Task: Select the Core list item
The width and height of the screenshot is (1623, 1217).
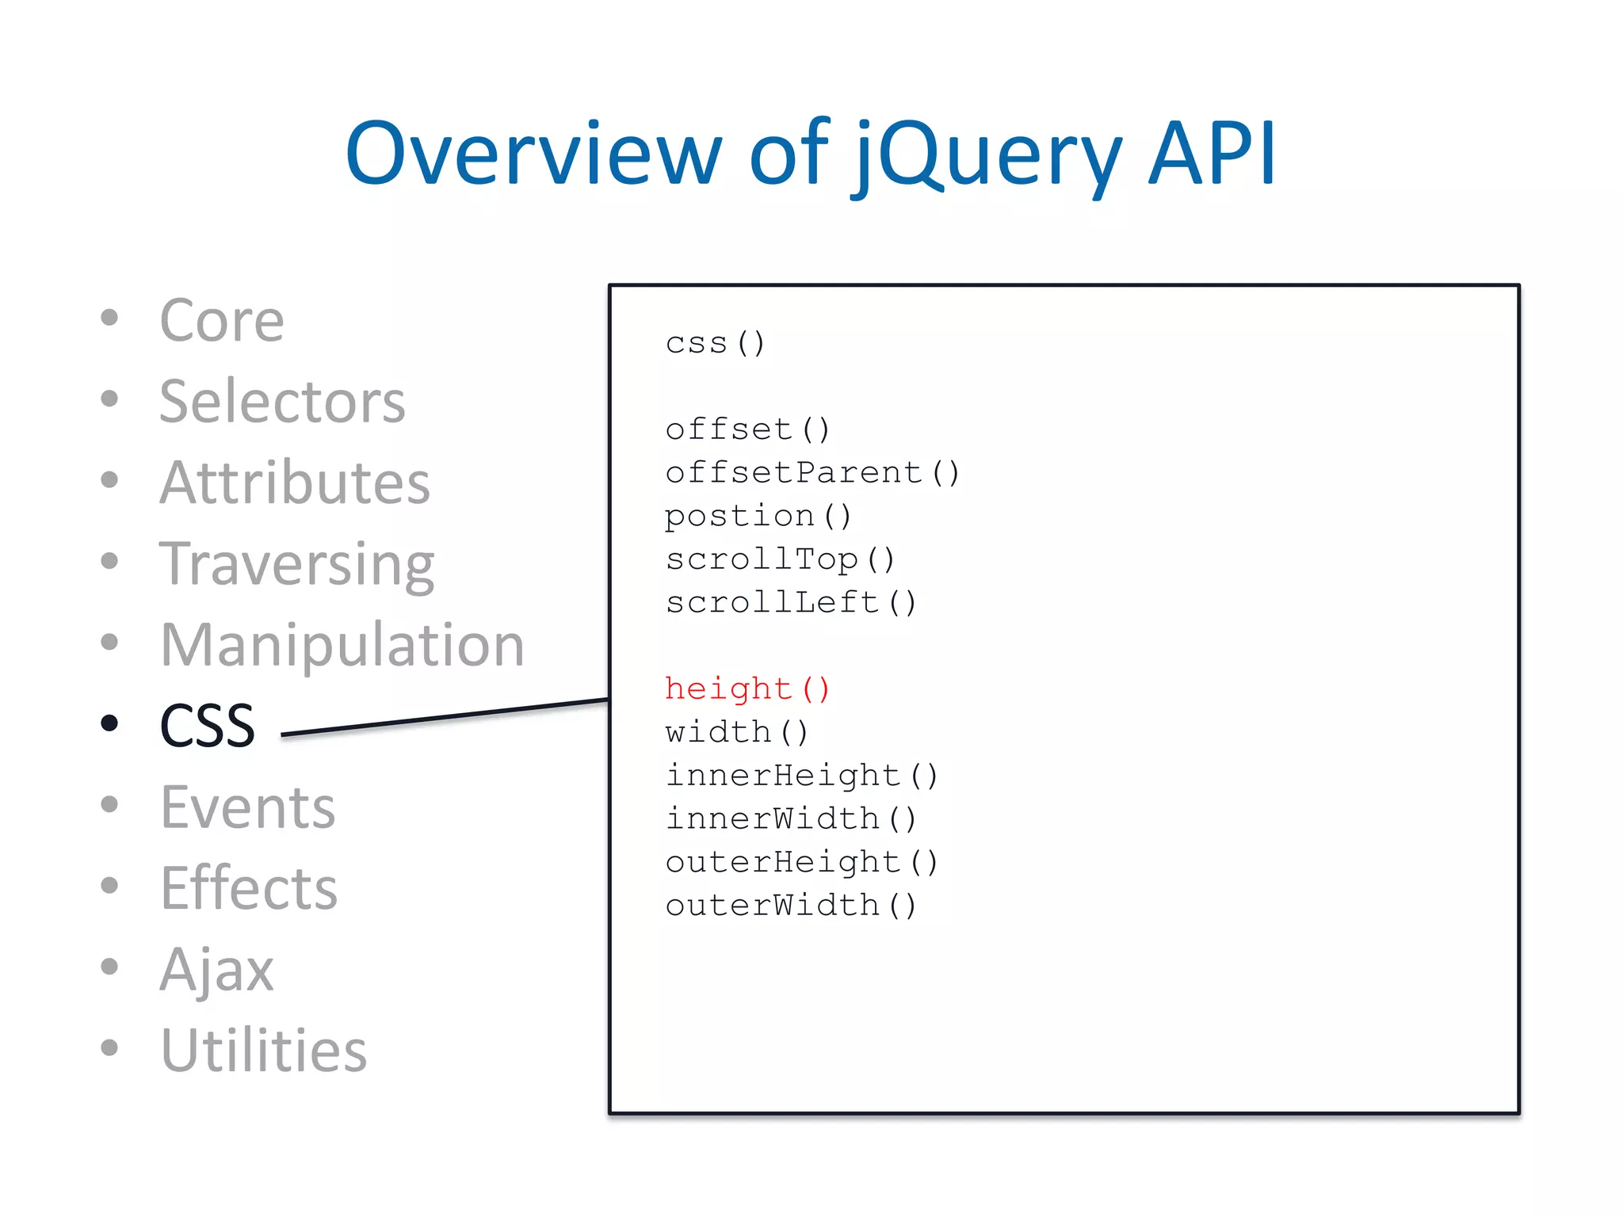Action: [x=221, y=321]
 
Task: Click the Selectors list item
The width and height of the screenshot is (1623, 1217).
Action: [x=281, y=402]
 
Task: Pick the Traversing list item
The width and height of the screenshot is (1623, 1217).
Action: [x=296, y=565]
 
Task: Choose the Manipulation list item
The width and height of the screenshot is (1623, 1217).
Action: [x=342, y=645]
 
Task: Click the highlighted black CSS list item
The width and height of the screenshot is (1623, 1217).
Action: [x=207, y=726]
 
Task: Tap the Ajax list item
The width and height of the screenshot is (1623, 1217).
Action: [x=216, y=969]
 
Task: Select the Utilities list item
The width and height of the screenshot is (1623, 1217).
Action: [x=263, y=1051]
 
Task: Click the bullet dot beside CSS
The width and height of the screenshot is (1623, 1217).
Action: [x=109, y=723]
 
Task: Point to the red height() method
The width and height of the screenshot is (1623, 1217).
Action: [x=747, y=689]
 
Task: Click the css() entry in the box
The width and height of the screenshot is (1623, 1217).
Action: [x=715, y=343]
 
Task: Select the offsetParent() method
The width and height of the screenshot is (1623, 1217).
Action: [x=812, y=473]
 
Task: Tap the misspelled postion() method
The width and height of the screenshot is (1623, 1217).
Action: [x=758, y=517]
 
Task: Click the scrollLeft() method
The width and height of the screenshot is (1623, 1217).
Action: [x=790, y=603]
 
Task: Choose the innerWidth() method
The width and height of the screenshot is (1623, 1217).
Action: [x=790, y=818]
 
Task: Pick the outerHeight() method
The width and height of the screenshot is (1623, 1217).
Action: [x=801, y=862]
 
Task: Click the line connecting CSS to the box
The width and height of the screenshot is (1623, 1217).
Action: [x=444, y=718]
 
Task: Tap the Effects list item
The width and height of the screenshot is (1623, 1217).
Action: [x=248, y=888]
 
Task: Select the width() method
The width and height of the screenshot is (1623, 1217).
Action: [x=736, y=732]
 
